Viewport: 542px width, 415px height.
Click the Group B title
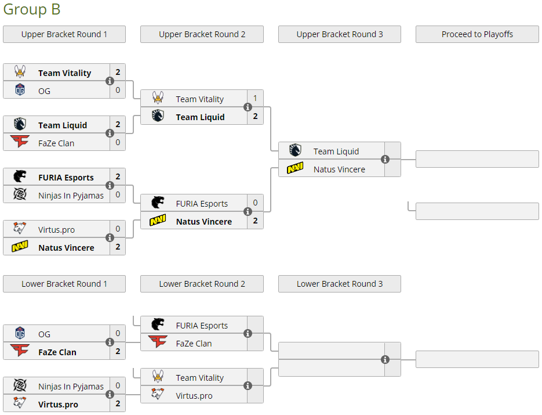[x=32, y=10]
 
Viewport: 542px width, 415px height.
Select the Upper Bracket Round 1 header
[x=64, y=34]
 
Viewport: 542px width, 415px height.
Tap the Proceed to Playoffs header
[x=477, y=34]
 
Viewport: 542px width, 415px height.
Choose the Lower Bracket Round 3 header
[x=340, y=284]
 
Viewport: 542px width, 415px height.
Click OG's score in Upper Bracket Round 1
[x=118, y=90]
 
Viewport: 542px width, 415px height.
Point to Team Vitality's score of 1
[x=255, y=99]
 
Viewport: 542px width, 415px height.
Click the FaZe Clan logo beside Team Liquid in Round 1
[x=20, y=143]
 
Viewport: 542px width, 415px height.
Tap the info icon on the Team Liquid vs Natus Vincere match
[x=385, y=160]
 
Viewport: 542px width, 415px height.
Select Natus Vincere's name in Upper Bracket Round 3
[x=339, y=169]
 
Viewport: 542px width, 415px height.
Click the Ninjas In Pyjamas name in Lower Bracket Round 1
[x=71, y=387]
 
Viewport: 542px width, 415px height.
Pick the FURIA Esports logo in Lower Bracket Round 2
[x=158, y=325]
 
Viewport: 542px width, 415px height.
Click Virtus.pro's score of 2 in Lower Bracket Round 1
[x=118, y=404]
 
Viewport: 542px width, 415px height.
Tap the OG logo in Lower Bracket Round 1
[x=20, y=334]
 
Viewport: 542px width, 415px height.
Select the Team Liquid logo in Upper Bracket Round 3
[x=295, y=151]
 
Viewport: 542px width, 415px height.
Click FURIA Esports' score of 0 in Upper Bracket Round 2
[x=255, y=203]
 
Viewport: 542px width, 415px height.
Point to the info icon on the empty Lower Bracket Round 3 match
[x=385, y=360]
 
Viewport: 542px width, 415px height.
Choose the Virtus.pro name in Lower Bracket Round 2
[x=194, y=395]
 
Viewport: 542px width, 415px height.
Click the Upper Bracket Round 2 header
[x=202, y=34]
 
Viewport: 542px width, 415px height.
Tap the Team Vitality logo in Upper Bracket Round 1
[x=20, y=73]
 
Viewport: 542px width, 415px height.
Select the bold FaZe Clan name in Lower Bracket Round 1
[x=57, y=352]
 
